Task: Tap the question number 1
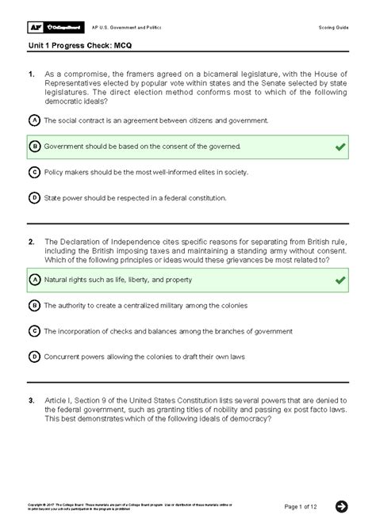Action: (x=31, y=75)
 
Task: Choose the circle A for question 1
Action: (x=34, y=120)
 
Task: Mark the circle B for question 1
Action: (x=34, y=147)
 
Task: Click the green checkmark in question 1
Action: (x=340, y=147)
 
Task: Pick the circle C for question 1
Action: (x=34, y=172)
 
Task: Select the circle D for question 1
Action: (x=34, y=197)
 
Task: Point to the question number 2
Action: (x=31, y=242)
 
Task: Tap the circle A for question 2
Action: (x=34, y=280)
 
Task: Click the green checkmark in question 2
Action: (x=340, y=280)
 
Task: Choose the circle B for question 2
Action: (x=34, y=305)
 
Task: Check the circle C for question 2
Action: (x=34, y=331)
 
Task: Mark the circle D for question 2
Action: (x=34, y=357)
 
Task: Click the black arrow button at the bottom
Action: (x=342, y=506)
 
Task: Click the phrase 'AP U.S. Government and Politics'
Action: (x=127, y=27)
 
